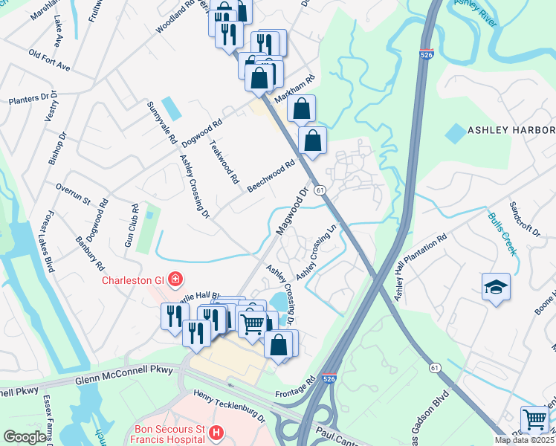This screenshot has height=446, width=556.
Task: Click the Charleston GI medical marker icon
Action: point(175,279)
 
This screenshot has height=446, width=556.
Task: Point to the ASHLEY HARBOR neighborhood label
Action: point(511,130)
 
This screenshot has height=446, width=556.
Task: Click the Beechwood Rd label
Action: point(271,175)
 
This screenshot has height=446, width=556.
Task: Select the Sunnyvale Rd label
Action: point(161,123)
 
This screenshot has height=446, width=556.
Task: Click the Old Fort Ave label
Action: point(49,61)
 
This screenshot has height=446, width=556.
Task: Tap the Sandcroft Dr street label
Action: point(524,218)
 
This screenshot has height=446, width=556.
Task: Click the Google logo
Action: point(25,437)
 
